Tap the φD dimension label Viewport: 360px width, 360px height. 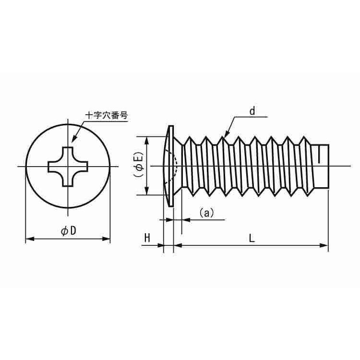(68, 230)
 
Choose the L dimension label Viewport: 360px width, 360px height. (252, 238)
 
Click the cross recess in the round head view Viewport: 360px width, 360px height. (68, 167)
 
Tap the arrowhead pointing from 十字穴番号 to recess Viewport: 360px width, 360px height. (73, 140)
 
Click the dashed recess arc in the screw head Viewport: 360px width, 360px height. (176, 166)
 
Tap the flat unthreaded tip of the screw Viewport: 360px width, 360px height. (322, 166)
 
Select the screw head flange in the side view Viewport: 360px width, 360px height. (169, 166)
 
